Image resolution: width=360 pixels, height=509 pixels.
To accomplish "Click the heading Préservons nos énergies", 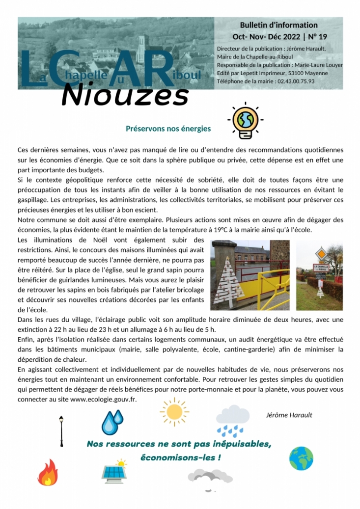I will coord(168,129).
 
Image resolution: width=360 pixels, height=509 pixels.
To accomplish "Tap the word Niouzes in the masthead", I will coord(125,96).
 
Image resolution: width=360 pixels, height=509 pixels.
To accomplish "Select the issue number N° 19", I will coord(308,37).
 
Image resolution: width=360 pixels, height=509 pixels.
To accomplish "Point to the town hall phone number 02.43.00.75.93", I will coord(294,81).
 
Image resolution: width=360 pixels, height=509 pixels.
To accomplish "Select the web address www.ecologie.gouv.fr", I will coord(103,399).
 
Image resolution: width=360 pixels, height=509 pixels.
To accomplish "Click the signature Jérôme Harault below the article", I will coord(289,415).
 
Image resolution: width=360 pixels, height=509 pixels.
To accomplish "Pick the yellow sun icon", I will coord(174,411).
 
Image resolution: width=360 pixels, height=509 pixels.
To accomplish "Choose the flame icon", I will coord(47,472).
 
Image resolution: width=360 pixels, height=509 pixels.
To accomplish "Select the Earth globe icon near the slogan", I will coord(301,458).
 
